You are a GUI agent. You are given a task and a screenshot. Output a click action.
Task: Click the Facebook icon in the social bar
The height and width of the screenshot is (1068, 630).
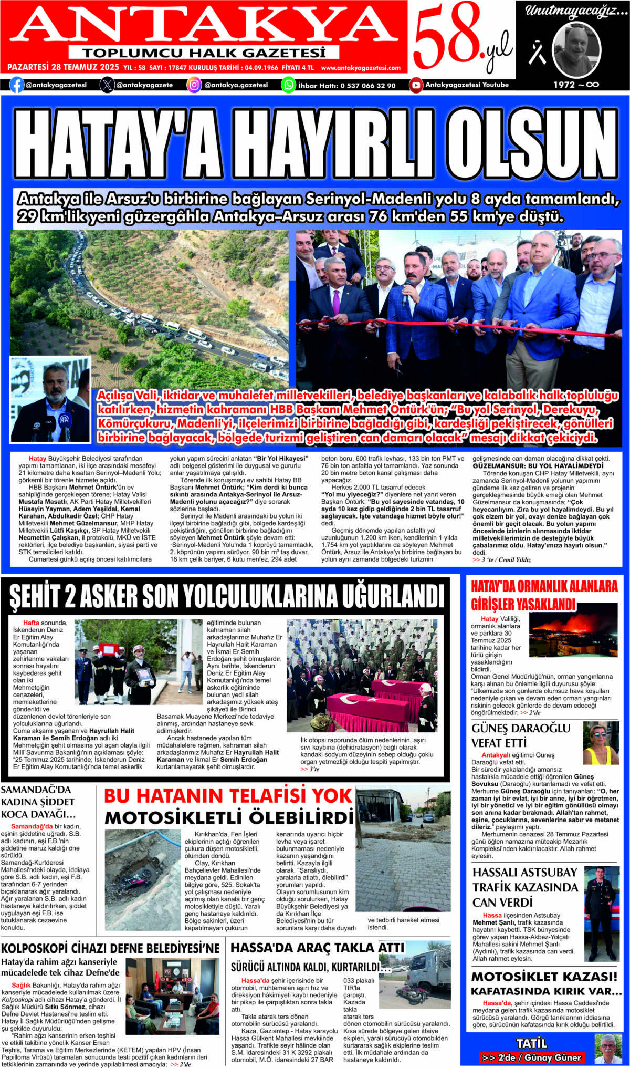point(17,85)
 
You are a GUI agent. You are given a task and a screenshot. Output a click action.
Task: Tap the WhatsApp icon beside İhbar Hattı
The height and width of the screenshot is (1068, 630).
point(289,85)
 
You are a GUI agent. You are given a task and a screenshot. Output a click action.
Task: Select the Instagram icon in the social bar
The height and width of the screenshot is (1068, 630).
point(194,85)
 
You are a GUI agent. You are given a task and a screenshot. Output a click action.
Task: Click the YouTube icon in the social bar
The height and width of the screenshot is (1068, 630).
point(416,85)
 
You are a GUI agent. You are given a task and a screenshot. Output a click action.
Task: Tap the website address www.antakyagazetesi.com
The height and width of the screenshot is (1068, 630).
point(361,68)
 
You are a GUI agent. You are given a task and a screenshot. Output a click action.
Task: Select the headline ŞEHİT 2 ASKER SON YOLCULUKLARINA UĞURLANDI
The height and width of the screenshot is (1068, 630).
point(226,597)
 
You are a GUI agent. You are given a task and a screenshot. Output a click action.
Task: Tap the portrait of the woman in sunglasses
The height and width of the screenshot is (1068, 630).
point(601,744)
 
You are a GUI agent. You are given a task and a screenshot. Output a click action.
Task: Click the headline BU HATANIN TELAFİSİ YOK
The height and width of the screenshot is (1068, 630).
point(228,796)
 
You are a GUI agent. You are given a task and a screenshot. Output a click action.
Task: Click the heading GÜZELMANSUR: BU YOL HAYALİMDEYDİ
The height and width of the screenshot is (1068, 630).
point(530,466)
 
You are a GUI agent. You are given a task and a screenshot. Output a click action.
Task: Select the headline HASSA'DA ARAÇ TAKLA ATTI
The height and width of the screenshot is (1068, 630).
point(317,948)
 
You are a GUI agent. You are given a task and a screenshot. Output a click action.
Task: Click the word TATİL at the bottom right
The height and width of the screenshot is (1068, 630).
point(531,1043)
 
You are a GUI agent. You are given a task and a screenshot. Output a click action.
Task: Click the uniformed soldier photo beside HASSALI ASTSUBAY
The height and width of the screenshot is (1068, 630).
point(601,914)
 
